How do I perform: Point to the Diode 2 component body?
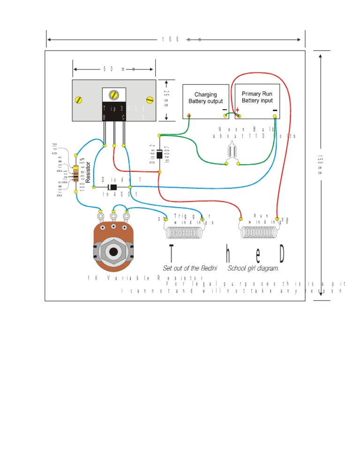(159, 154)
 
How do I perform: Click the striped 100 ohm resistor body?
(75, 173)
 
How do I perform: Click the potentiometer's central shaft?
(113, 251)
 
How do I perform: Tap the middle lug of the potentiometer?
(113, 216)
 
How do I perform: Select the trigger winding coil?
(184, 233)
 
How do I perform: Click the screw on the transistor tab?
(113, 95)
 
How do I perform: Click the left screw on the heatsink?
(78, 99)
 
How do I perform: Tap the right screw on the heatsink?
(150, 99)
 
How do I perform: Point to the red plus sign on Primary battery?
(238, 111)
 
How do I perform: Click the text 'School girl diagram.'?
(253, 269)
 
